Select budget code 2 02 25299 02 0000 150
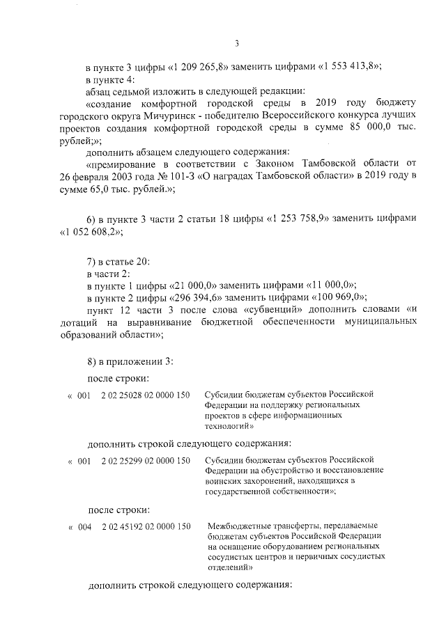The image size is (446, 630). coord(145,461)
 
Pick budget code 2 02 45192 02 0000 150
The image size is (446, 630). coord(145,526)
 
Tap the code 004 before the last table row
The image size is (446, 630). coord(84,526)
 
